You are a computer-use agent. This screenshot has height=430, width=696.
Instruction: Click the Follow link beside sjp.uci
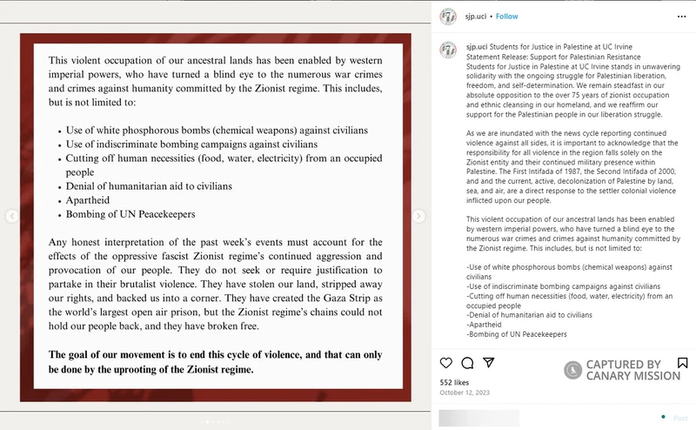point(507,16)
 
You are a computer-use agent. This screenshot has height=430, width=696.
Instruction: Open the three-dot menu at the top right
point(681,16)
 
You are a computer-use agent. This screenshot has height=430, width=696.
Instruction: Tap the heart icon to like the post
point(446,362)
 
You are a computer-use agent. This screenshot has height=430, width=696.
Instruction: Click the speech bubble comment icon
point(467,362)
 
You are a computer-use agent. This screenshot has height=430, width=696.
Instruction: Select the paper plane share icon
point(488,362)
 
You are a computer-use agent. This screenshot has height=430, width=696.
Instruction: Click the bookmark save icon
point(682,362)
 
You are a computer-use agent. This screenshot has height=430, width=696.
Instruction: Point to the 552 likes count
point(454,382)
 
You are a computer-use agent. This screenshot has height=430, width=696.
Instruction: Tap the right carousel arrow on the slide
point(418,216)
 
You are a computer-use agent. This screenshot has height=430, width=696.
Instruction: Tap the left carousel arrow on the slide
point(11,216)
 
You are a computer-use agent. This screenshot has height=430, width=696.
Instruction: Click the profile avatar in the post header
point(448,16)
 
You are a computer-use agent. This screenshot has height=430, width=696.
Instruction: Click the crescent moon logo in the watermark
point(573,370)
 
